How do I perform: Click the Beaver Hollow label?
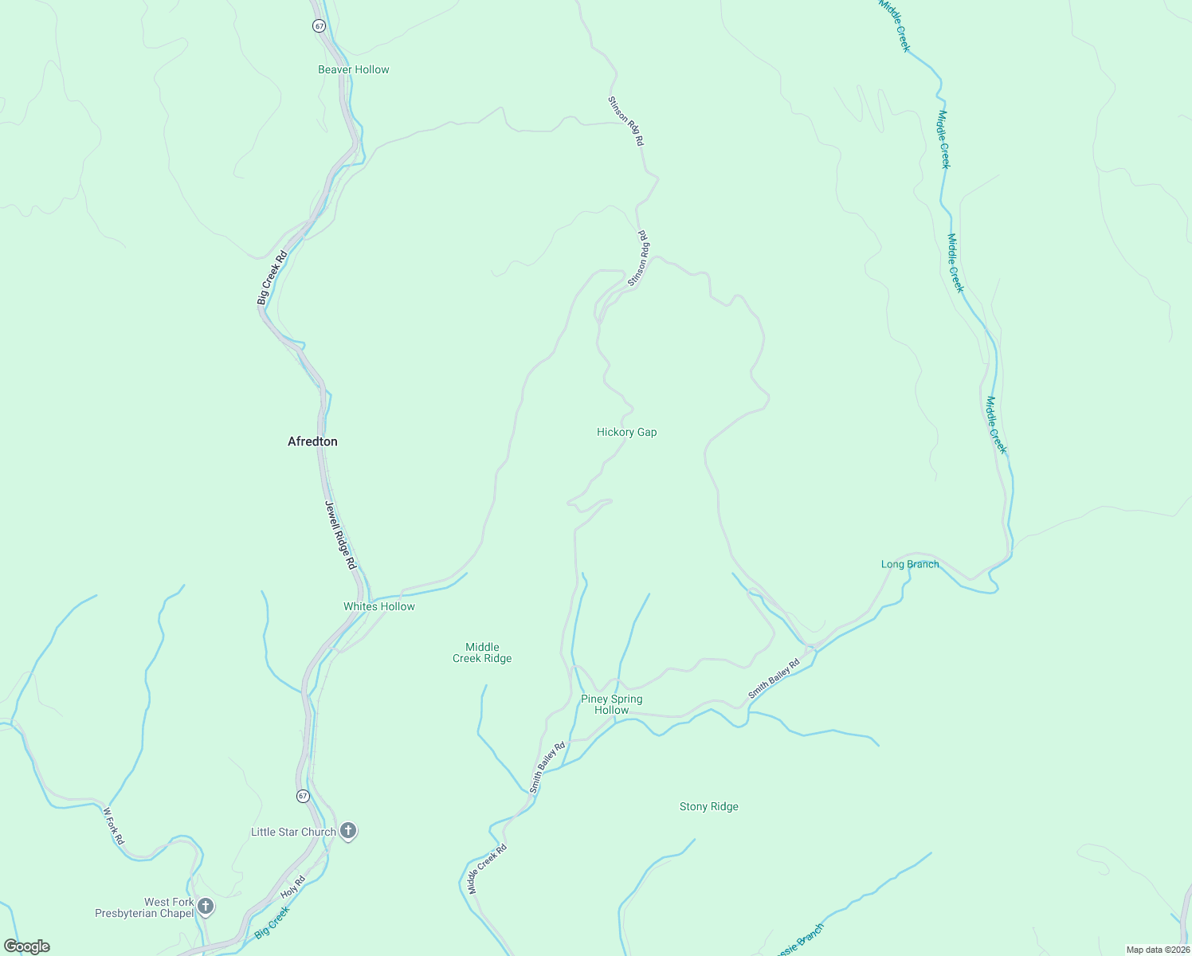pyautogui.click(x=354, y=69)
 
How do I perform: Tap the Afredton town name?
pyautogui.click(x=312, y=441)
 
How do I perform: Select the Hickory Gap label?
pyautogui.click(x=626, y=432)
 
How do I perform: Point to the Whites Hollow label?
pyautogui.click(x=379, y=606)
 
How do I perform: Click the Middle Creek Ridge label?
pyautogui.click(x=482, y=652)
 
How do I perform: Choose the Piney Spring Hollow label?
pyautogui.click(x=611, y=704)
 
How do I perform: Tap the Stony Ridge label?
pyautogui.click(x=708, y=806)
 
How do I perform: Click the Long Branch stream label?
pyautogui.click(x=910, y=564)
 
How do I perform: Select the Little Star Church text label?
pyautogui.click(x=293, y=832)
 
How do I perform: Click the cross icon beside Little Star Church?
pyautogui.click(x=347, y=831)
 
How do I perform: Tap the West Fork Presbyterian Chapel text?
pyautogui.click(x=144, y=907)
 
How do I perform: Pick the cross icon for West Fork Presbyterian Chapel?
pyautogui.click(x=206, y=906)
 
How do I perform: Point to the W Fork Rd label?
pyautogui.click(x=114, y=826)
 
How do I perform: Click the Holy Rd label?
pyautogui.click(x=293, y=887)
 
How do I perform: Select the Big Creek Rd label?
pyautogui.click(x=272, y=278)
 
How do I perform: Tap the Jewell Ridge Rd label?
pyautogui.click(x=340, y=535)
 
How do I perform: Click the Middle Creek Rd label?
pyautogui.click(x=488, y=868)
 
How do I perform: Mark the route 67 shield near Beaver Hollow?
pyautogui.click(x=320, y=25)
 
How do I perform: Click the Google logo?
pyautogui.click(x=27, y=946)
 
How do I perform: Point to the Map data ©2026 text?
pyautogui.click(x=1157, y=949)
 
